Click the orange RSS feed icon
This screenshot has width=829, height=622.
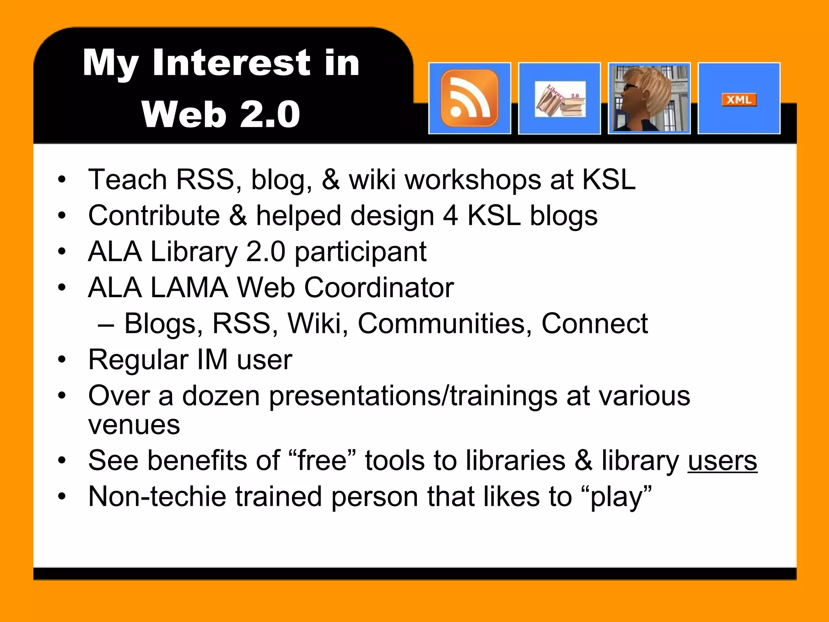tap(470, 98)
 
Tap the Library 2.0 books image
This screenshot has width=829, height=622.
tap(560, 99)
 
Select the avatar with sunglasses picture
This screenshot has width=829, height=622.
tap(649, 98)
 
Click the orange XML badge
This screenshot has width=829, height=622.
tap(739, 100)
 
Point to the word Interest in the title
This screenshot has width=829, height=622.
tap(231, 62)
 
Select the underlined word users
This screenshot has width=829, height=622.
tap(722, 461)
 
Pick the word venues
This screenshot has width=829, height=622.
tap(134, 425)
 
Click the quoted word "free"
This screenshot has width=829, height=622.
tap(321, 461)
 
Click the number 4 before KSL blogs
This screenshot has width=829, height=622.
tap(450, 215)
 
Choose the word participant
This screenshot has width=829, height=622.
tap(360, 251)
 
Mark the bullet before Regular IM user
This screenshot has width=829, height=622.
tap(62, 360)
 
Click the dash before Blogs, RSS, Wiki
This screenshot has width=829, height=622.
tap(106, 324)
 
